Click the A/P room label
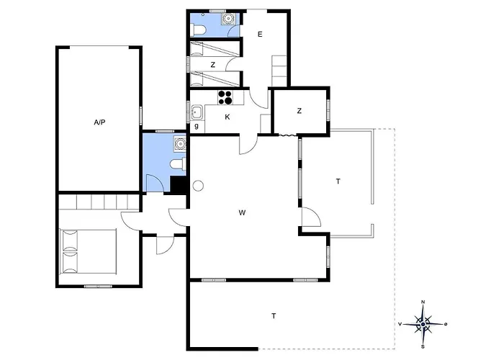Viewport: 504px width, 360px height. point(99,122)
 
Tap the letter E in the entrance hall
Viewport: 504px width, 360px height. point(260,34)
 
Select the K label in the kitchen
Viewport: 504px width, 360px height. point(228,117)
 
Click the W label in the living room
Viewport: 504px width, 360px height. point(243,212)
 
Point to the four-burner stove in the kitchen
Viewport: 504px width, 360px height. point(225,97)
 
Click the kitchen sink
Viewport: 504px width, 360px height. point(196,112)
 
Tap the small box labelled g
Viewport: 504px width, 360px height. point(197,126)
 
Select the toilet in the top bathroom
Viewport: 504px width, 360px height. point(198,30)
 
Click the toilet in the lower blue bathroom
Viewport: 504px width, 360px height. point(178,164)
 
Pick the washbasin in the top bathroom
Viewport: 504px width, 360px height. point(228,19)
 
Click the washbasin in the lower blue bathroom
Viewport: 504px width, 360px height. point(180,143)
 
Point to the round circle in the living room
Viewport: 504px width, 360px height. point(198,186)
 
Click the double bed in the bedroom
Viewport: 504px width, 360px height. point(89,251)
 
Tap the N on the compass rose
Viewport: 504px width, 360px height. point(423,302)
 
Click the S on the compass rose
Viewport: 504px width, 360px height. point(423,346)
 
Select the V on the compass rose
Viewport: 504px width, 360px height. point(400,324)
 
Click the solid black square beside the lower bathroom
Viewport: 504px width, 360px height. point(179,185)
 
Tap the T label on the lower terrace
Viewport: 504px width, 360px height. point(274,316)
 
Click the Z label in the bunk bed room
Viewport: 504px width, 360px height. point(213,65)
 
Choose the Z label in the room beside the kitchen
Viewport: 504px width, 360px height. point(300,111)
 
